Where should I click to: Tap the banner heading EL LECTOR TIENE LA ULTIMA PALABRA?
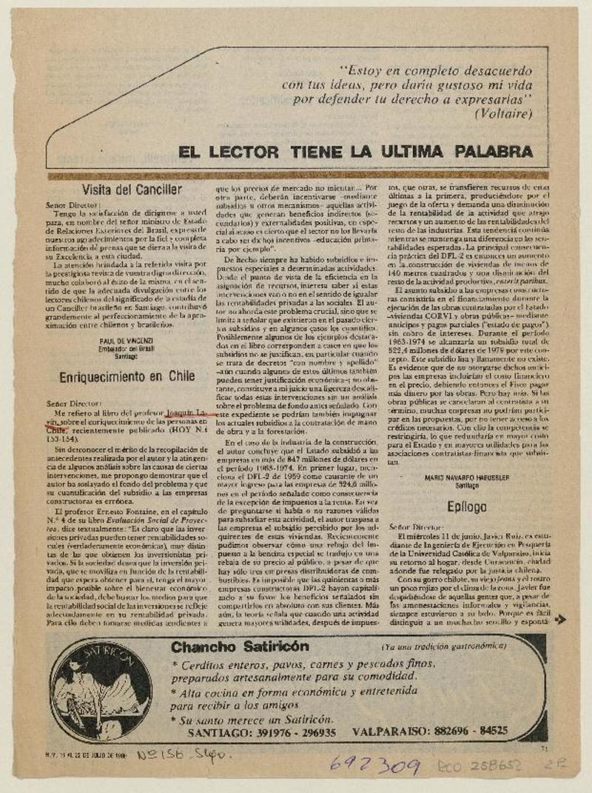355,152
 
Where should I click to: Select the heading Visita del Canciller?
132,189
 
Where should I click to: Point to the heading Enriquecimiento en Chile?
128,375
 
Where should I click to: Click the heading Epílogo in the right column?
466,506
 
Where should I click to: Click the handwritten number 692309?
375,766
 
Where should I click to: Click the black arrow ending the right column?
560,619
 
